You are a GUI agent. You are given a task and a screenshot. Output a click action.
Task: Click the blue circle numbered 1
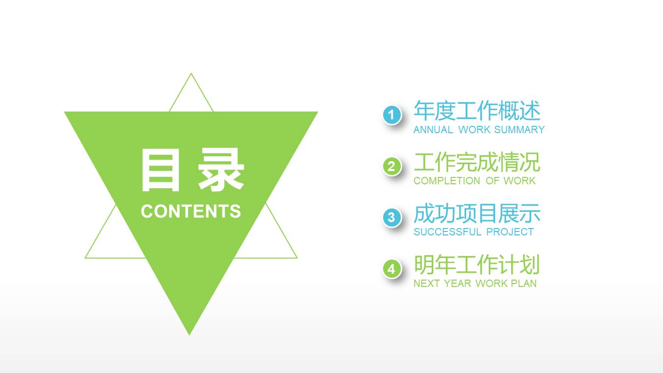[391, 115]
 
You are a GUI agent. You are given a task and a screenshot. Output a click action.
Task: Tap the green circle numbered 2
[391, 167]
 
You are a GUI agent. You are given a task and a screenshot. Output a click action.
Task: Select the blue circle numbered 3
[391, 217]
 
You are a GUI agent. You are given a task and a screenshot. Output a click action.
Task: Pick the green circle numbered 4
[391, 269]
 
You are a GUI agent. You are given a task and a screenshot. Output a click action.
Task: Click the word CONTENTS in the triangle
[191, 211]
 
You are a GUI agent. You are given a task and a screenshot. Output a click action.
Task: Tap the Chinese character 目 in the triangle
[160, 171]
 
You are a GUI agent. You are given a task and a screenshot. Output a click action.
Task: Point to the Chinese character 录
[221, 171]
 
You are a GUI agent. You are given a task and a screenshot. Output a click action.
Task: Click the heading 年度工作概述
[477, 111]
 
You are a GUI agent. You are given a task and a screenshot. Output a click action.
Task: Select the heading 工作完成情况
[477, 162]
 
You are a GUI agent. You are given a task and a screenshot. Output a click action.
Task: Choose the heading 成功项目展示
[477, 214]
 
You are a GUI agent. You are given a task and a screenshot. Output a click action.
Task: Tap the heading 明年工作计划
[477, 265]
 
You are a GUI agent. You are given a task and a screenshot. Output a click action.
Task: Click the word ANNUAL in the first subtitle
[433, 130]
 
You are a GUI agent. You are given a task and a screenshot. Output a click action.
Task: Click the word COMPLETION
[446, 181]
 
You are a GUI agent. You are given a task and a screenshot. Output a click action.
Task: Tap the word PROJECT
[510, 232]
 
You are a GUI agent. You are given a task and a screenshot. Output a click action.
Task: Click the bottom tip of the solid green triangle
[190, 334]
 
